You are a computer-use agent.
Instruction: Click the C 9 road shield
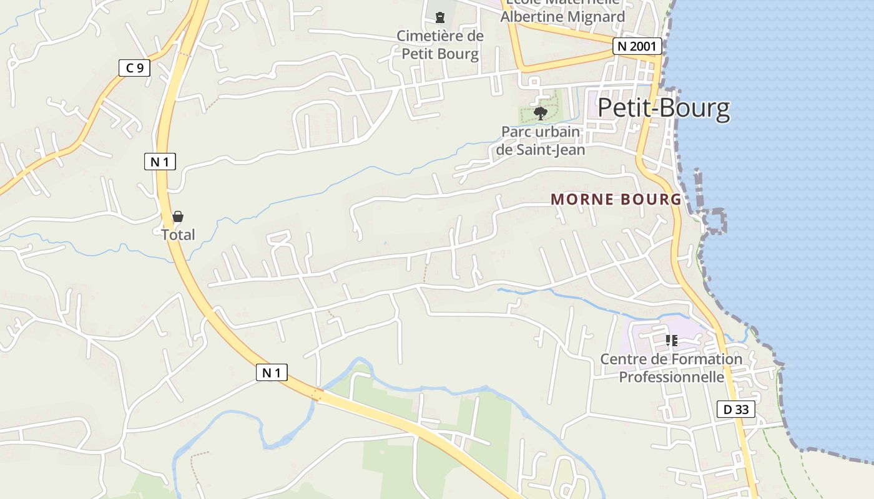click(134, 67)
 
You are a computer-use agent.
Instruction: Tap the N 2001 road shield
click(637, 46)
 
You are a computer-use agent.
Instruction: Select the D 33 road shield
click(736, 409)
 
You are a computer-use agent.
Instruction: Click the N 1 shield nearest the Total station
click(160, 162)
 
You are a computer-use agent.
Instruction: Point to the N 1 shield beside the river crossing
click(272, 372)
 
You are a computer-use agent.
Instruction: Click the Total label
click(178, 235)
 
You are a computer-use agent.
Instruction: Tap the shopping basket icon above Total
click(178, 216)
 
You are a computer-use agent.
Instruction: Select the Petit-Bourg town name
click(664, 108)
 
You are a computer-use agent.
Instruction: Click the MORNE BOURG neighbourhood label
click(616, 200)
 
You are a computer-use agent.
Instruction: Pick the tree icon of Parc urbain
click(541, 113)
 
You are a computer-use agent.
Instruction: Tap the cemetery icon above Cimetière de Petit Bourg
click(440, 17)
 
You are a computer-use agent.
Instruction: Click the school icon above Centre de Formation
click(672, 341)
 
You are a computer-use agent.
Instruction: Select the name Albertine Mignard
click(562, 17)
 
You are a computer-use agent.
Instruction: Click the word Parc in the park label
click(516, 132)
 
